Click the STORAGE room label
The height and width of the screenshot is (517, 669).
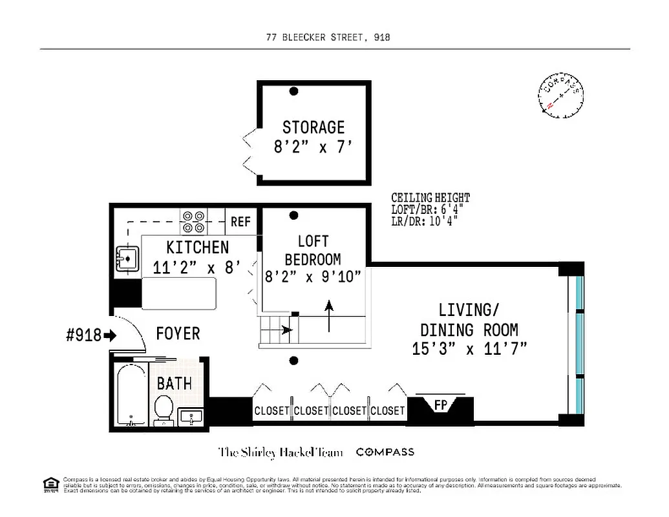tap(313, 127)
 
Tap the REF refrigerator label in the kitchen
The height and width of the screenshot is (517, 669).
tap(240, 222)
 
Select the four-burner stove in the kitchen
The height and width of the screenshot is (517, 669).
tap(193, 222)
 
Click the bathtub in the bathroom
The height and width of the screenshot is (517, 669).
tap(131, 396)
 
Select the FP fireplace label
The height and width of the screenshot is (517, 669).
tap(440, 405)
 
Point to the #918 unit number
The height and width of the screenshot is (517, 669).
tap(83, 335)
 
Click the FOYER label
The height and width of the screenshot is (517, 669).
tap(178, 333)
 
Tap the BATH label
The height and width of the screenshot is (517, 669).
tap(174, 383)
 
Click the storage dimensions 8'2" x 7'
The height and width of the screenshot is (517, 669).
tap(313, 147)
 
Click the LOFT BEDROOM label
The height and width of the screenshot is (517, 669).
tap(313, 250)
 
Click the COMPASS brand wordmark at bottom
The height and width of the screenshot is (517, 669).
tap(385, 452)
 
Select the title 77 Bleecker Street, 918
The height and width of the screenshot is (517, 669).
tap(328, 37)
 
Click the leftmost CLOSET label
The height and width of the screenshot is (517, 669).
tap(271, 410)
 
